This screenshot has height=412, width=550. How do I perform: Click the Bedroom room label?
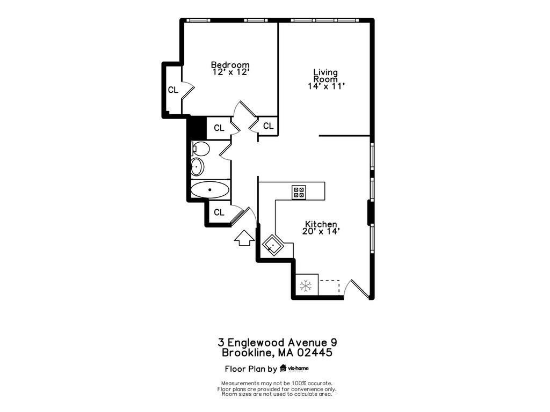point(230,65)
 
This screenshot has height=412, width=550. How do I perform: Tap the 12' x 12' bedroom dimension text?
point(230,72)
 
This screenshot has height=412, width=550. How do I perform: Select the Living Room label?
point(325,75)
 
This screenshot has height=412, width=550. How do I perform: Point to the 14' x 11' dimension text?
point(326,86)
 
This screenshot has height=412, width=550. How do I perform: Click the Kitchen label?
point(321,224)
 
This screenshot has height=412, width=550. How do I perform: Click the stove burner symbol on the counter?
point(299,192)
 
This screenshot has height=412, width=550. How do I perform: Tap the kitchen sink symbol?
point(273,246)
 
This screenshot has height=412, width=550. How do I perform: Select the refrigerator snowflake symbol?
point(306,286)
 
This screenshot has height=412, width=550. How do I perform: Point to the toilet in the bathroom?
point(200,148)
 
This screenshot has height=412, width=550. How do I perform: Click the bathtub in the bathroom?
point(209,189)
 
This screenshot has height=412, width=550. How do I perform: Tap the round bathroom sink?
point(198,167)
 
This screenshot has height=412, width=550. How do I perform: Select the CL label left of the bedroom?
point(173,90)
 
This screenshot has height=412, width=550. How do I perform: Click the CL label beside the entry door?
point(219,213)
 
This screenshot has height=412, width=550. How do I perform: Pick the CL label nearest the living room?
point(268,126)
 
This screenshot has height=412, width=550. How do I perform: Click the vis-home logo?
point(294,369)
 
